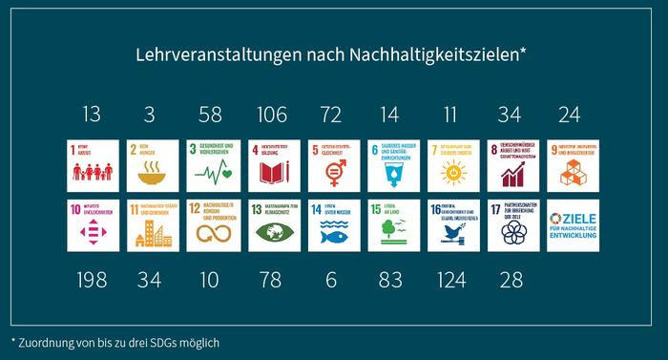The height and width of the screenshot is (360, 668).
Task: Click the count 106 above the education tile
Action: (x=271, y=116)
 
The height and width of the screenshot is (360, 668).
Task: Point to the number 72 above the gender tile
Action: (x=330, y=116)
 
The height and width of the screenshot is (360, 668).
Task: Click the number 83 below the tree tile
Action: (x=389, y=280)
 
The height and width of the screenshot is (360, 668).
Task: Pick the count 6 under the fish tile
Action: (x=330, y=280)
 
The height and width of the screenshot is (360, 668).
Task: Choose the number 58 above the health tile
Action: (x=210, y=116)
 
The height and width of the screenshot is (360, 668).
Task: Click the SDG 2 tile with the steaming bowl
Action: (x=151, y=165)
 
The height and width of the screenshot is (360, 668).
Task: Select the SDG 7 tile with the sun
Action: (x=449, y=165)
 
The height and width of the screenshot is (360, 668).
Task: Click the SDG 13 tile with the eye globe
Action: (x=271, y=225)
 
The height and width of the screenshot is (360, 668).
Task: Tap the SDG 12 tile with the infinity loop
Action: (x=210, y=225)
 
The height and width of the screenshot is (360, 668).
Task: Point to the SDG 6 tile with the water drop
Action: (x=389, y=165)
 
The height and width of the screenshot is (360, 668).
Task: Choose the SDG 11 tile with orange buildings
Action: (x=151, y=225)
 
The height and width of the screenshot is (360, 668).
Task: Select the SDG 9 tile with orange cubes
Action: (x=569, y=165)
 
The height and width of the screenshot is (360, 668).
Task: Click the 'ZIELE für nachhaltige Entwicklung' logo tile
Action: (x=569, y=225)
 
